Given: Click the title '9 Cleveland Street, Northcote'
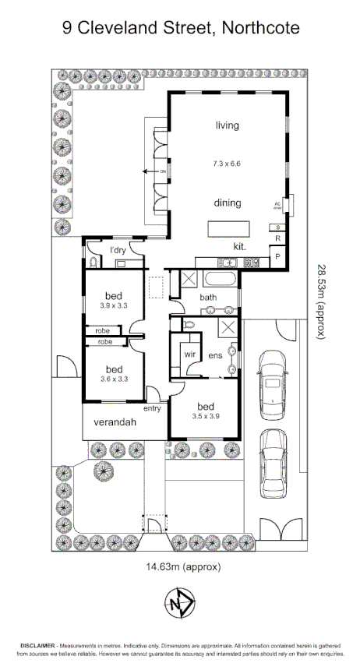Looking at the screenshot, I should point(180,30).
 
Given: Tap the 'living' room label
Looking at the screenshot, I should point(227,125).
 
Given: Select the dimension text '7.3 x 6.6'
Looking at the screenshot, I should point(227,164).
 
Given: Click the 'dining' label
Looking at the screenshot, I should point(227,203).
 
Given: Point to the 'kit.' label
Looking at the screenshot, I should point(240,247).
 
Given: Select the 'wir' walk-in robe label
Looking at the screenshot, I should point(189,354).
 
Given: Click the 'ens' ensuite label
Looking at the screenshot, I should point(216,355).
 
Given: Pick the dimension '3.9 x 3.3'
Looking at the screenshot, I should point(114,307).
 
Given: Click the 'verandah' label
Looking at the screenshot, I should point(115,422).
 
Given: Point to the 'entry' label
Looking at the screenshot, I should point(153,408).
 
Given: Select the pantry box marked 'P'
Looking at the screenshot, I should point(277,256).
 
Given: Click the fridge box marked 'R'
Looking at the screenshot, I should point(277,238).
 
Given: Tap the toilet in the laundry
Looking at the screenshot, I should point(93,263).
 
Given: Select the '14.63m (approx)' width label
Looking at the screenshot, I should point(180,566).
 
